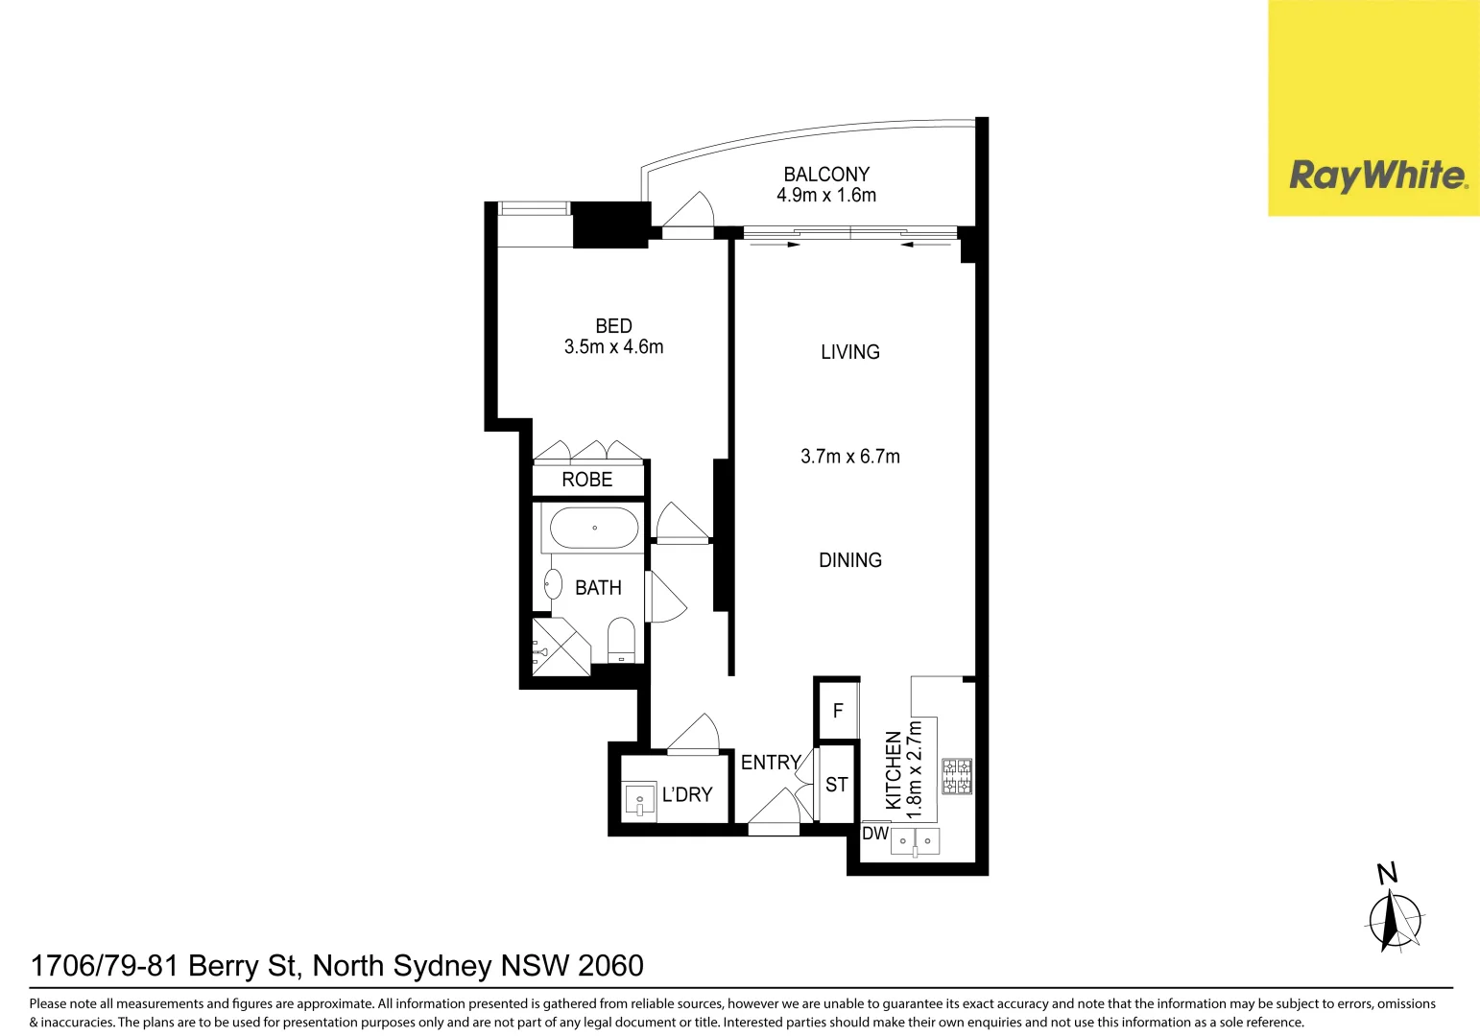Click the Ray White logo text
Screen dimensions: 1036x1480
[1377, 176]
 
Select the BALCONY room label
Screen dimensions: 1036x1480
[826, 175]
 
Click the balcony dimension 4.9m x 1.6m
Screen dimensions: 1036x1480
[826, 196]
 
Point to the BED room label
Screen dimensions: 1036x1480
[613, 326]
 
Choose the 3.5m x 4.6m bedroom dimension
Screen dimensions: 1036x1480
[613, 347]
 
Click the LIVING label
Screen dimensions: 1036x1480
[849, 352]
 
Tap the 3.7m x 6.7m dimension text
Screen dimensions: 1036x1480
[849, 457]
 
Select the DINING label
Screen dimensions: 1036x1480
[849, 560]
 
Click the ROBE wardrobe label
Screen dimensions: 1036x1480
[586, 480]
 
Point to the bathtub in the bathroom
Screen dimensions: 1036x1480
[594, 528]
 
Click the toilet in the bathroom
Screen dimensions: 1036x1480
[621, 640]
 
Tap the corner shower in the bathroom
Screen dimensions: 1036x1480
[560, 647]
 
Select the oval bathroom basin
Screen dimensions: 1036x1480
[553, 584]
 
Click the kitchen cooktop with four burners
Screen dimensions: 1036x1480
[957, 776]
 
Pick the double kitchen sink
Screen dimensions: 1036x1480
[915, 841]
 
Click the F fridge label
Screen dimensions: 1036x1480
[838, 711]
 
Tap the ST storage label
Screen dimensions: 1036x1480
[836, 785]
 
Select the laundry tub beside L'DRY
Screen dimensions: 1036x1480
[639, 800]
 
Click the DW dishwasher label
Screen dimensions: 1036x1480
[874, 834]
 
